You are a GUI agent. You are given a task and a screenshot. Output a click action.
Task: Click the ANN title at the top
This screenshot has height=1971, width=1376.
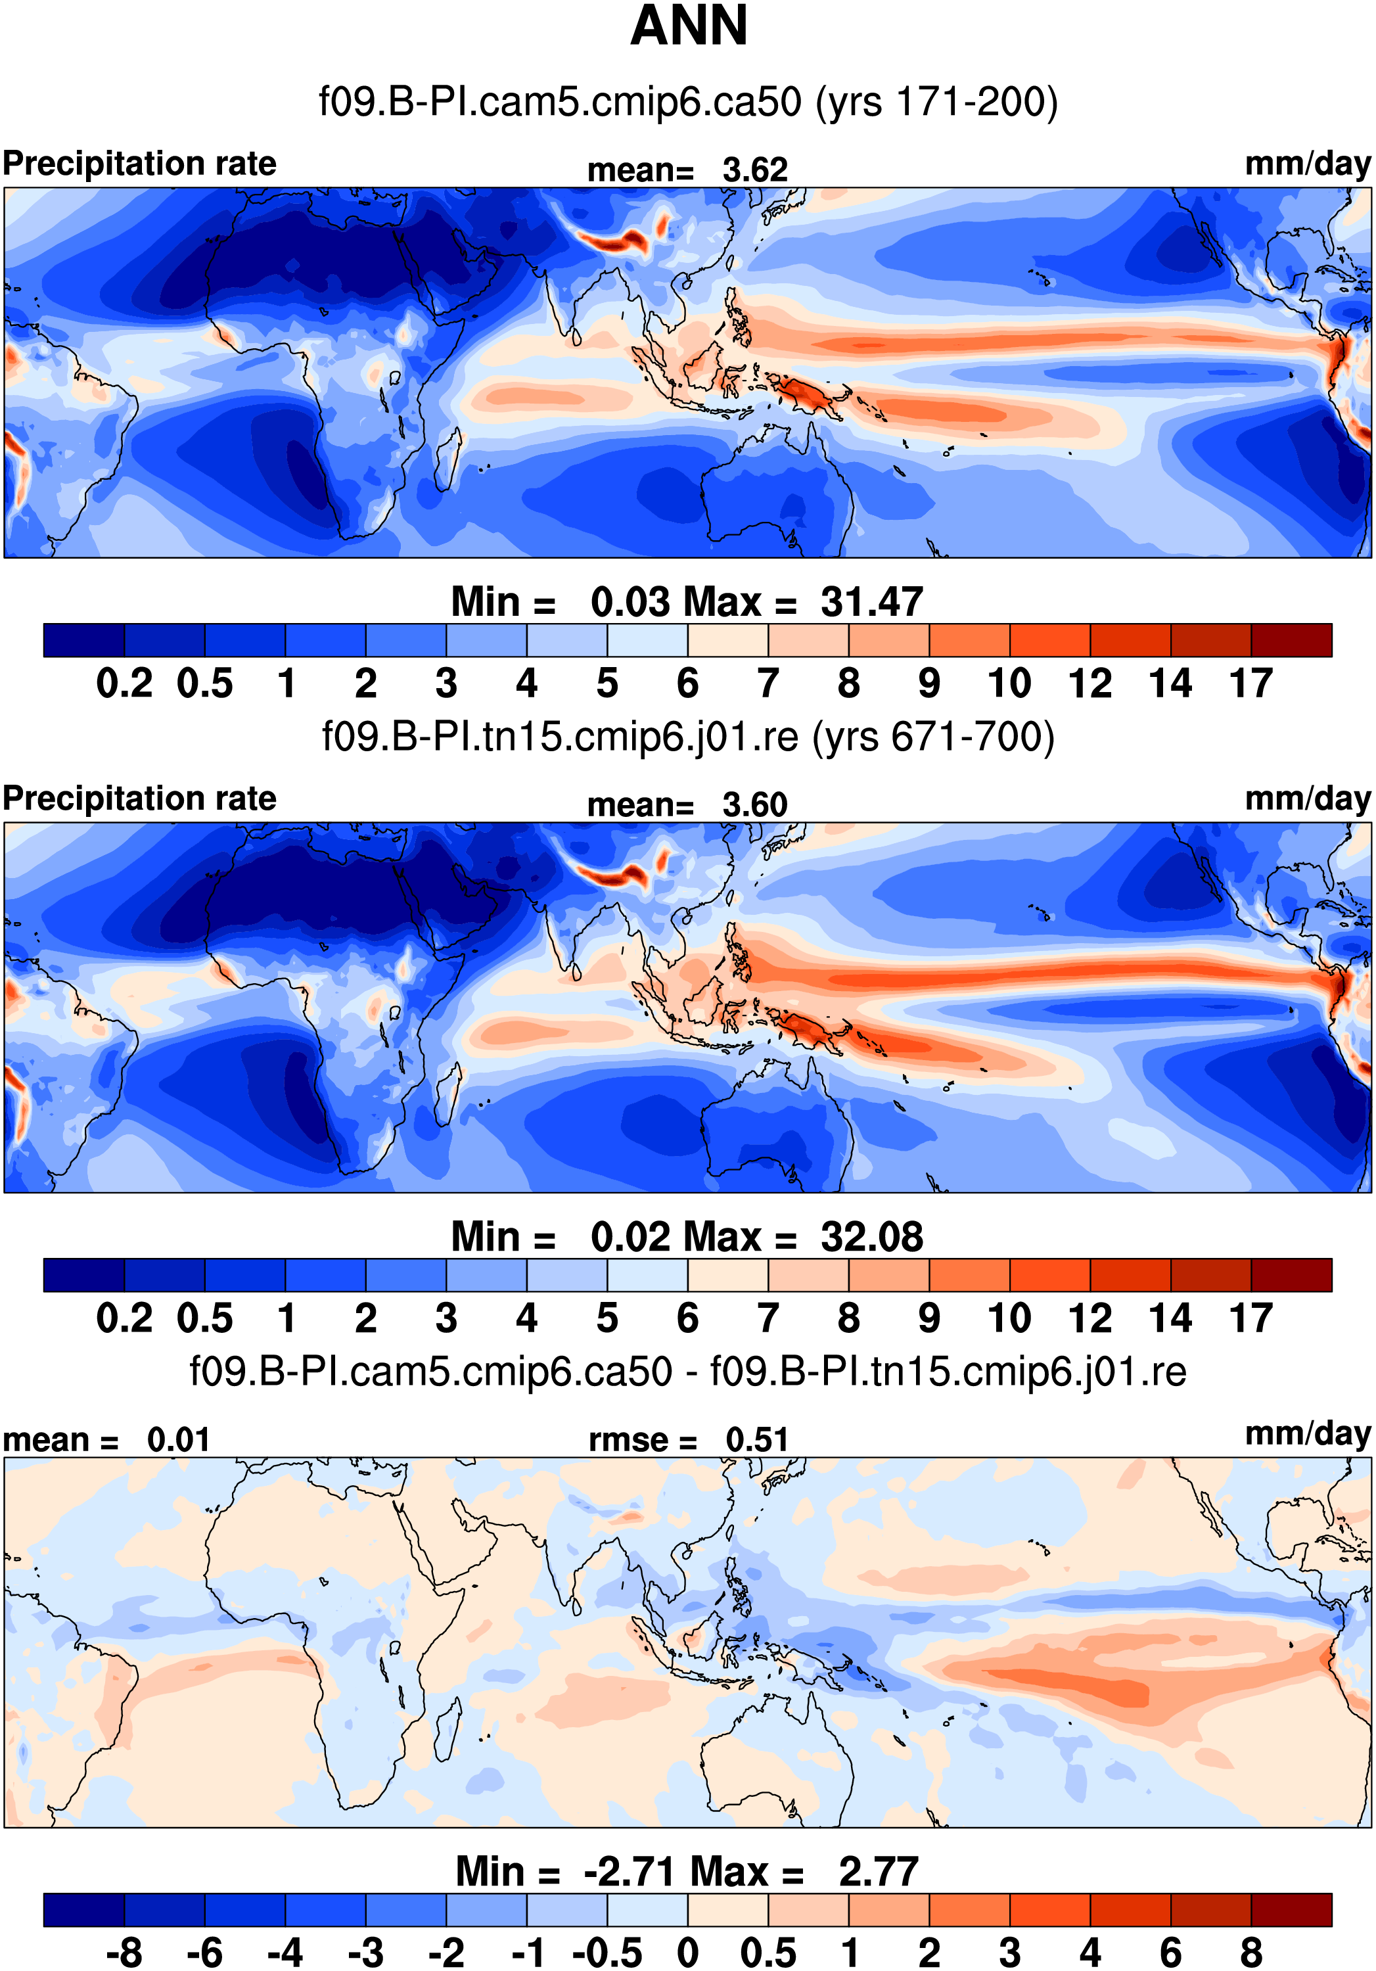(689, 26)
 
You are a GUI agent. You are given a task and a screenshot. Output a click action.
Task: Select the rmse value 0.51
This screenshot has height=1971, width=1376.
(756, 1439)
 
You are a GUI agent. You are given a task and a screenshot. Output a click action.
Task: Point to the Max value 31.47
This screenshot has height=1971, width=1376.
(871, 602)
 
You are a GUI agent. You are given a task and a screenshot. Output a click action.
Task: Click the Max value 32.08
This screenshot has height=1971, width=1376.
(871, 1237)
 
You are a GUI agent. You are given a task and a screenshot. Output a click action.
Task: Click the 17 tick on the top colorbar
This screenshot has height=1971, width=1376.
(1250, 684)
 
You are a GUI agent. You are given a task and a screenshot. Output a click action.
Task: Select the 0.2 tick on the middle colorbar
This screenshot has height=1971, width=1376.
(124, 1318)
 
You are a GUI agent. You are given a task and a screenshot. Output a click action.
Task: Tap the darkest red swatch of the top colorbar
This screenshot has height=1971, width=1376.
(1291, 640)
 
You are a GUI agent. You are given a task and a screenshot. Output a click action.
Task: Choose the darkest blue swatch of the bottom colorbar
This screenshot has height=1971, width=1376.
(83, 1909)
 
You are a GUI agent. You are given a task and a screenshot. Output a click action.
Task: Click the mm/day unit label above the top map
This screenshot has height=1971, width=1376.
(1307, 163)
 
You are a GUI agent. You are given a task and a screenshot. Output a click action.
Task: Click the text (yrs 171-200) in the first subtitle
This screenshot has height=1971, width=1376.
(936, 102)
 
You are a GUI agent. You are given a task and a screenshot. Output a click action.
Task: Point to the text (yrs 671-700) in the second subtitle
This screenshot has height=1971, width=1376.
(933, 737)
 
